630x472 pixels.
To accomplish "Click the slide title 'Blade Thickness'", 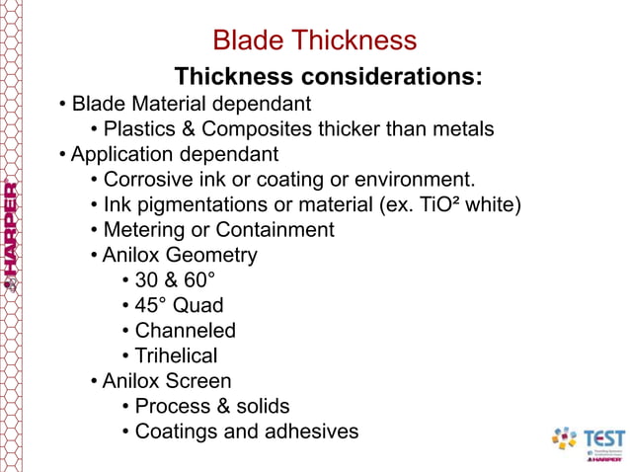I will point(315,40).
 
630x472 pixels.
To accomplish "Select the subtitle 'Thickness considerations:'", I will point(328,76).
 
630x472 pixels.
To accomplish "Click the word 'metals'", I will point(460,128).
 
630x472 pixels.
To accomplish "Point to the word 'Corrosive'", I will point(148,180).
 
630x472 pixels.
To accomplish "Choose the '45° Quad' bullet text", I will point(179,305).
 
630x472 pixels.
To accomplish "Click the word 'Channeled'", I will point(185,331).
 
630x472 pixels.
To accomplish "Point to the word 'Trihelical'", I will point(176,355).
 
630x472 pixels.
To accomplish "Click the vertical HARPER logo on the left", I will point(10,237).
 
